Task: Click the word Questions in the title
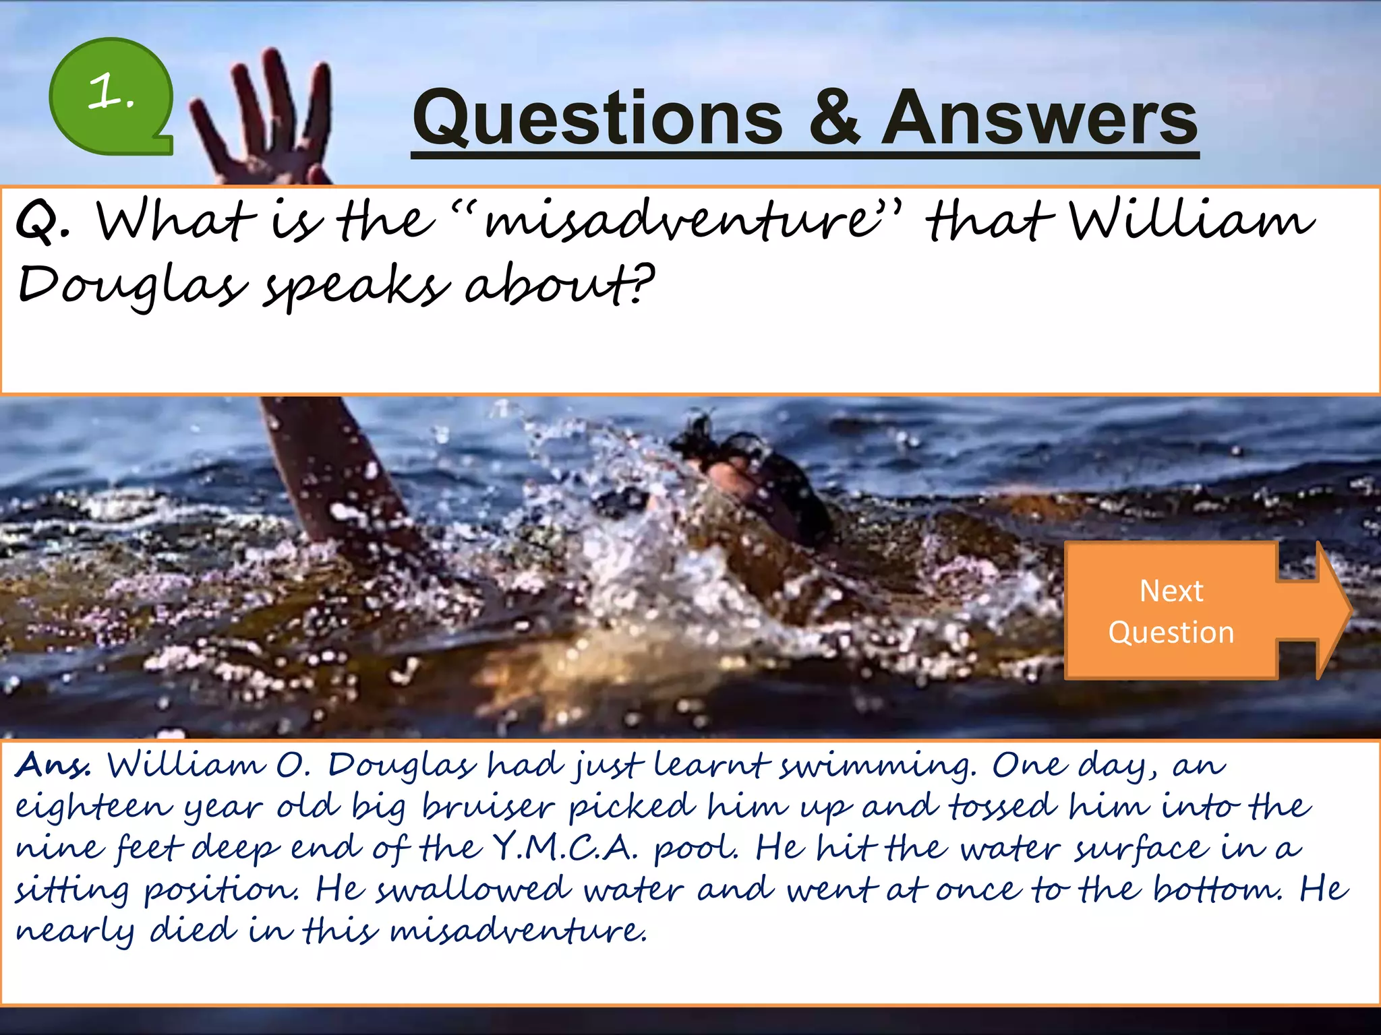597,119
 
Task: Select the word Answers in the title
1039,119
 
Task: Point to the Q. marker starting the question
42,222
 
